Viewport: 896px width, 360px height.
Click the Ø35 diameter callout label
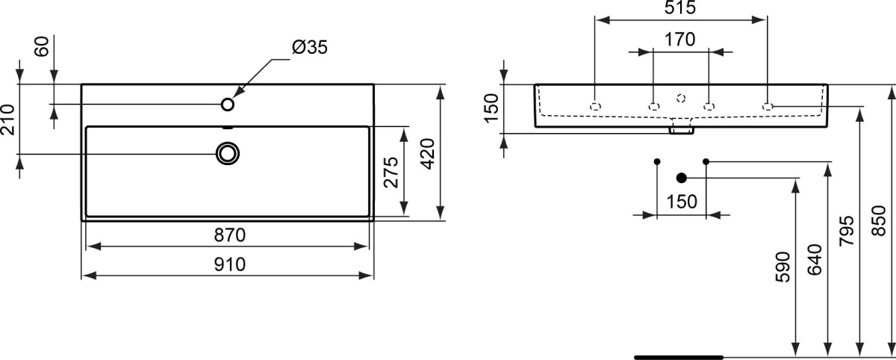[x=310, y=47]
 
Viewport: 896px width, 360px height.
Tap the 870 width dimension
[x=230, y=235]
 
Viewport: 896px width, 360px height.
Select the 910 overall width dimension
[x=230, y=264]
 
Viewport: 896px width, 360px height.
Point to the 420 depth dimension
[x=427, y=154]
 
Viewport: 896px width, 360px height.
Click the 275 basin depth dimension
[x=391, y=173]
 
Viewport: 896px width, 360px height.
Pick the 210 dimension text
[x=7, y=120]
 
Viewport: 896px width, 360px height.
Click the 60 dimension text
[x=42, y=46]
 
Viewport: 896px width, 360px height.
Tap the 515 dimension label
[x=680, y=7]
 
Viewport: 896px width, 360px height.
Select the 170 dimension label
[x=680, y=40]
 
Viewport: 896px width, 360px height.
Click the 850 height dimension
[x=878, y=221]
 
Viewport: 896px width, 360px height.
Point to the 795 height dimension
[x=847, y=231]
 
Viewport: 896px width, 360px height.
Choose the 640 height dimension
[x=815, y=260]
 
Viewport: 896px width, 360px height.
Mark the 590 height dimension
[x=783, y=267]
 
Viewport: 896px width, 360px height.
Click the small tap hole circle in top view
[x=228, y=105]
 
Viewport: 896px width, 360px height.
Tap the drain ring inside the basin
[x=228, y=154]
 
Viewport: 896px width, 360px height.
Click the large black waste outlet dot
[x=682, y=178]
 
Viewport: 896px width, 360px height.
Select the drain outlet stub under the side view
[x=682, y=131]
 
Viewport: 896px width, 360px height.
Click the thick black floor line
[x=679, y=357]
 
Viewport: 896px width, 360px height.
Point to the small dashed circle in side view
[x=681, y=98]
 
